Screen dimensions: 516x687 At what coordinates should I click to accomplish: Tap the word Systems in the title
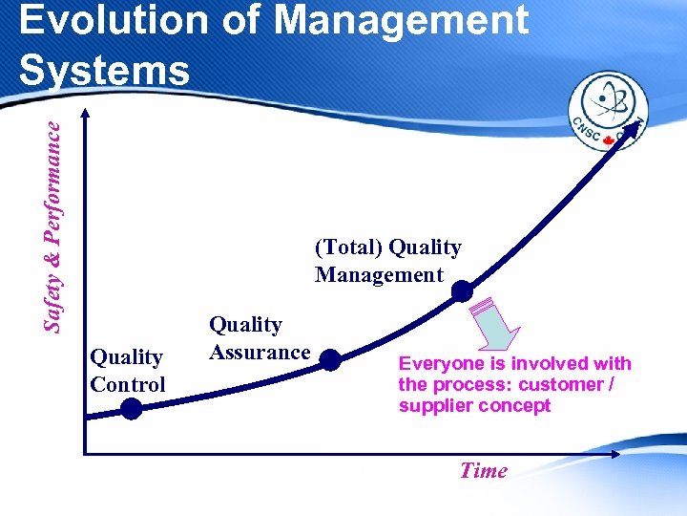104,70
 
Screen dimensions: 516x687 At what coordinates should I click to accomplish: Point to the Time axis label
483,470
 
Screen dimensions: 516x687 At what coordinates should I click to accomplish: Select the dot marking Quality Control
131,409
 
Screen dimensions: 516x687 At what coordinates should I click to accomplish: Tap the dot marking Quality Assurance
329,359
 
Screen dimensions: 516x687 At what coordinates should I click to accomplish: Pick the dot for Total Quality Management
461,290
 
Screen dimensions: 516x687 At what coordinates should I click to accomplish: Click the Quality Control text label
127,371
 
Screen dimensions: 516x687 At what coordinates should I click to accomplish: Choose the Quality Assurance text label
259,338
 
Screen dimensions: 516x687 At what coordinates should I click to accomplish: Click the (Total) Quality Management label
387,261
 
